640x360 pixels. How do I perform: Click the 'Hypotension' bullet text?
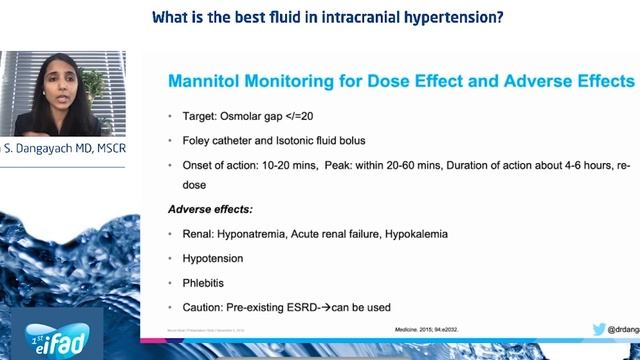click(x=212, y=258)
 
